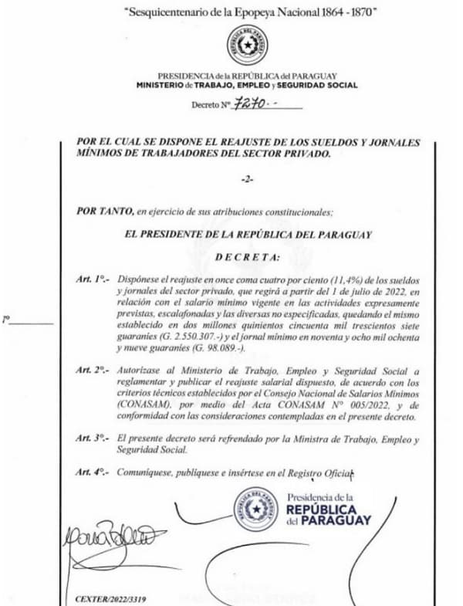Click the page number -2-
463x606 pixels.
coord(246,180)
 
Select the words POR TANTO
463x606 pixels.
coord(105,210)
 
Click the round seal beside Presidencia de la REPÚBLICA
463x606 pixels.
coord(256,510)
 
